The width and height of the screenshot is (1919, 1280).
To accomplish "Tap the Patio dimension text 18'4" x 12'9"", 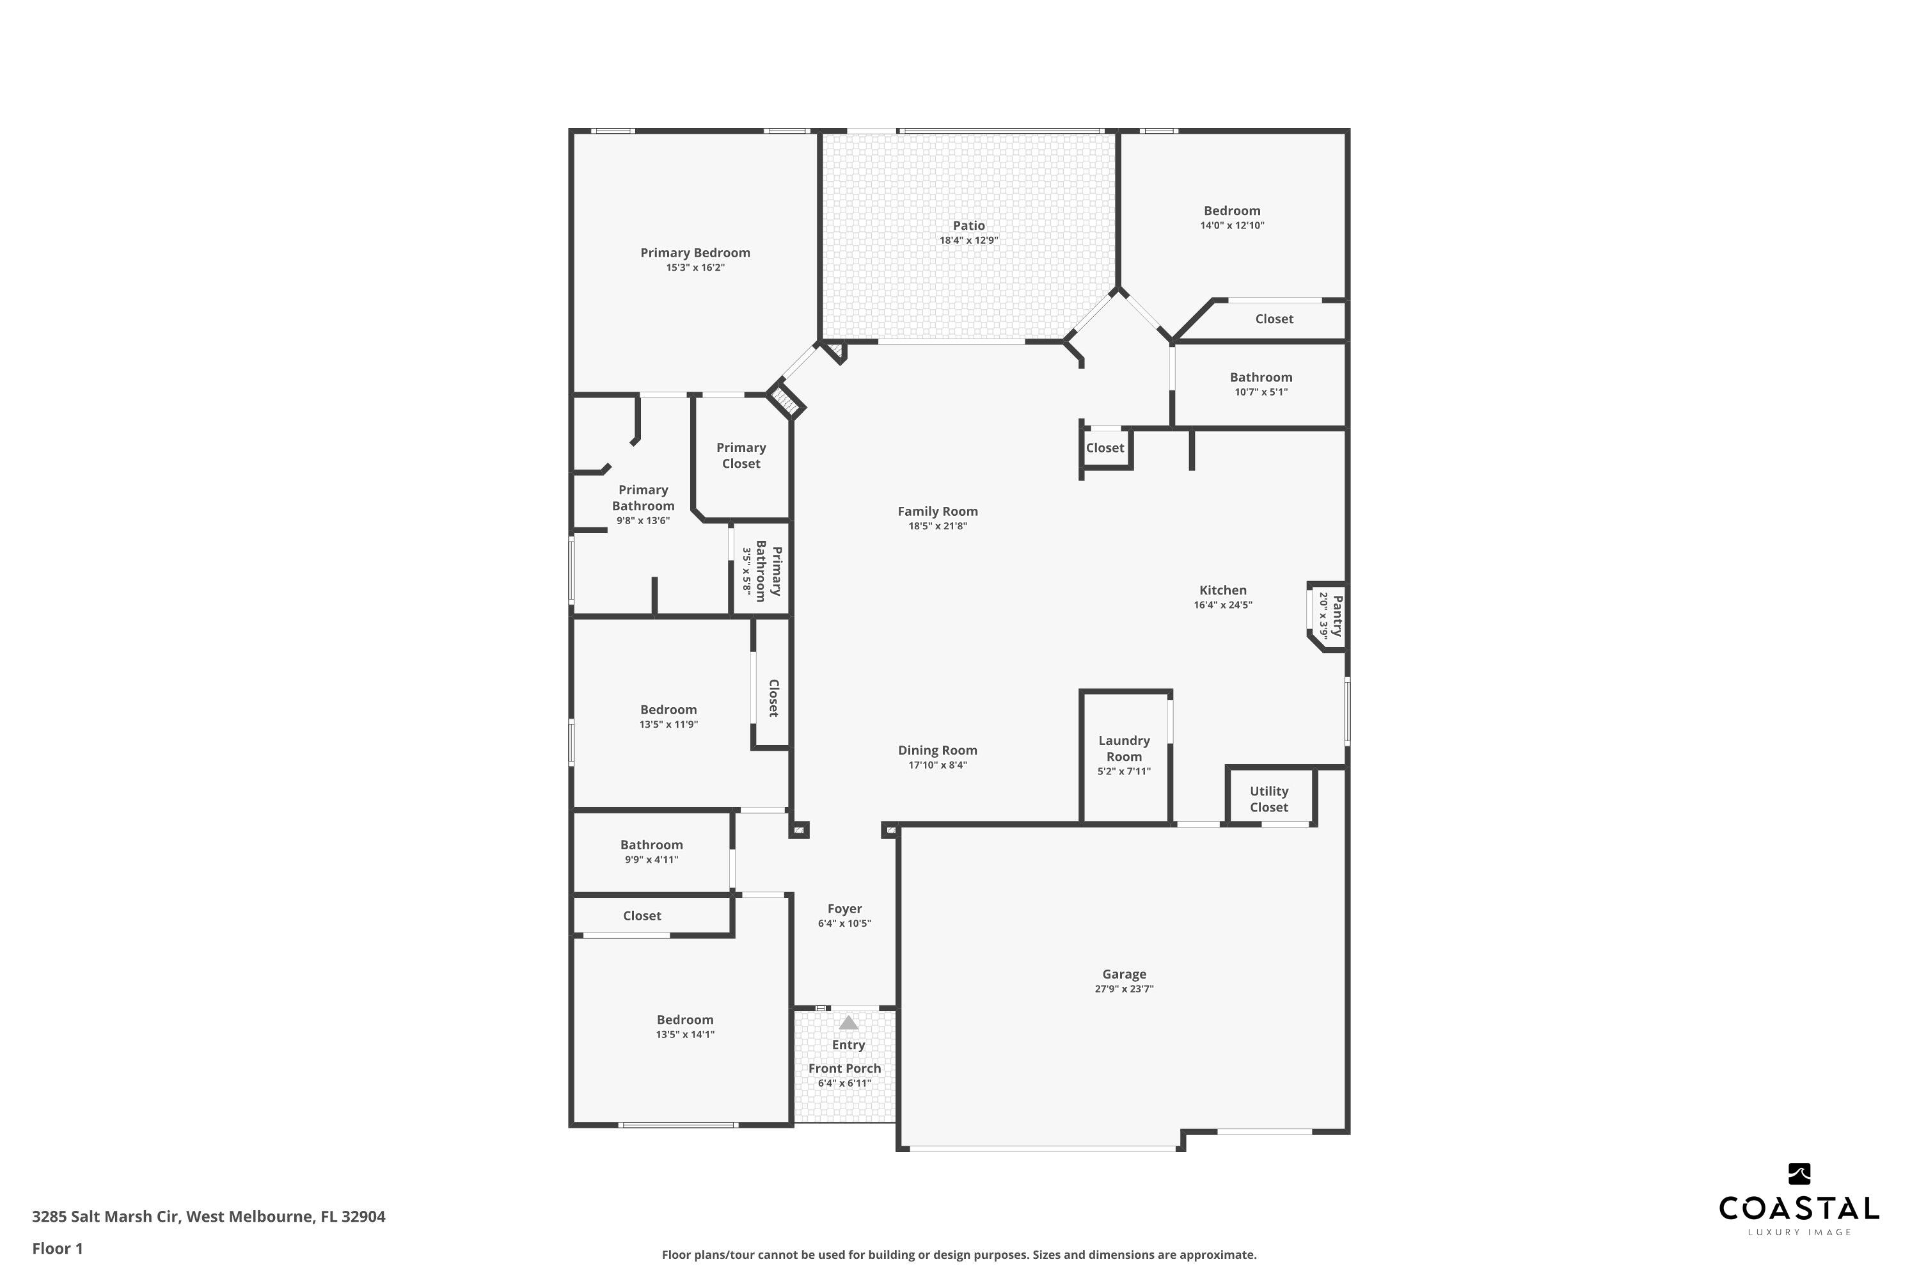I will coord(968,241).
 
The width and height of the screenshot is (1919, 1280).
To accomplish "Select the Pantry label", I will coord(1336,616).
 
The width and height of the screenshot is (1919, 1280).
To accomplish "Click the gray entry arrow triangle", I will coord(849,1023).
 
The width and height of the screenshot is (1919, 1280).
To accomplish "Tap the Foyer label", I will coord(844,909).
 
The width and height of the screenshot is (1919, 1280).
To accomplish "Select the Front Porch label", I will coord(844,1069).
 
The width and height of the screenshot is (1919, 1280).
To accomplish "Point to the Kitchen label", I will coord(1222,590).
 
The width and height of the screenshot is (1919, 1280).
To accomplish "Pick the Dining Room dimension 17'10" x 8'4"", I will coord(938,765).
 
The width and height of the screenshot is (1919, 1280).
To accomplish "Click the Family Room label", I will coord(938,511).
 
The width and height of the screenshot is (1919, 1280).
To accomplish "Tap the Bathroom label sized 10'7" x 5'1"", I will coord(1261,377).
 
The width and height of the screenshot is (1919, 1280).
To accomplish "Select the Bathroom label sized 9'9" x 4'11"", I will coord(651,845).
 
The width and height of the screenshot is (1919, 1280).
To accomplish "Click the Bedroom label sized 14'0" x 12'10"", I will coord(1231,211).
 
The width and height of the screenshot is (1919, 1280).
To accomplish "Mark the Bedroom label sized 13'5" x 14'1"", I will coord(684,1020).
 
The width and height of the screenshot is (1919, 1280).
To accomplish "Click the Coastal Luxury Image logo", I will coord(1798,1199).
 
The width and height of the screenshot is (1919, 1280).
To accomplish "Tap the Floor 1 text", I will coord(57,1248).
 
